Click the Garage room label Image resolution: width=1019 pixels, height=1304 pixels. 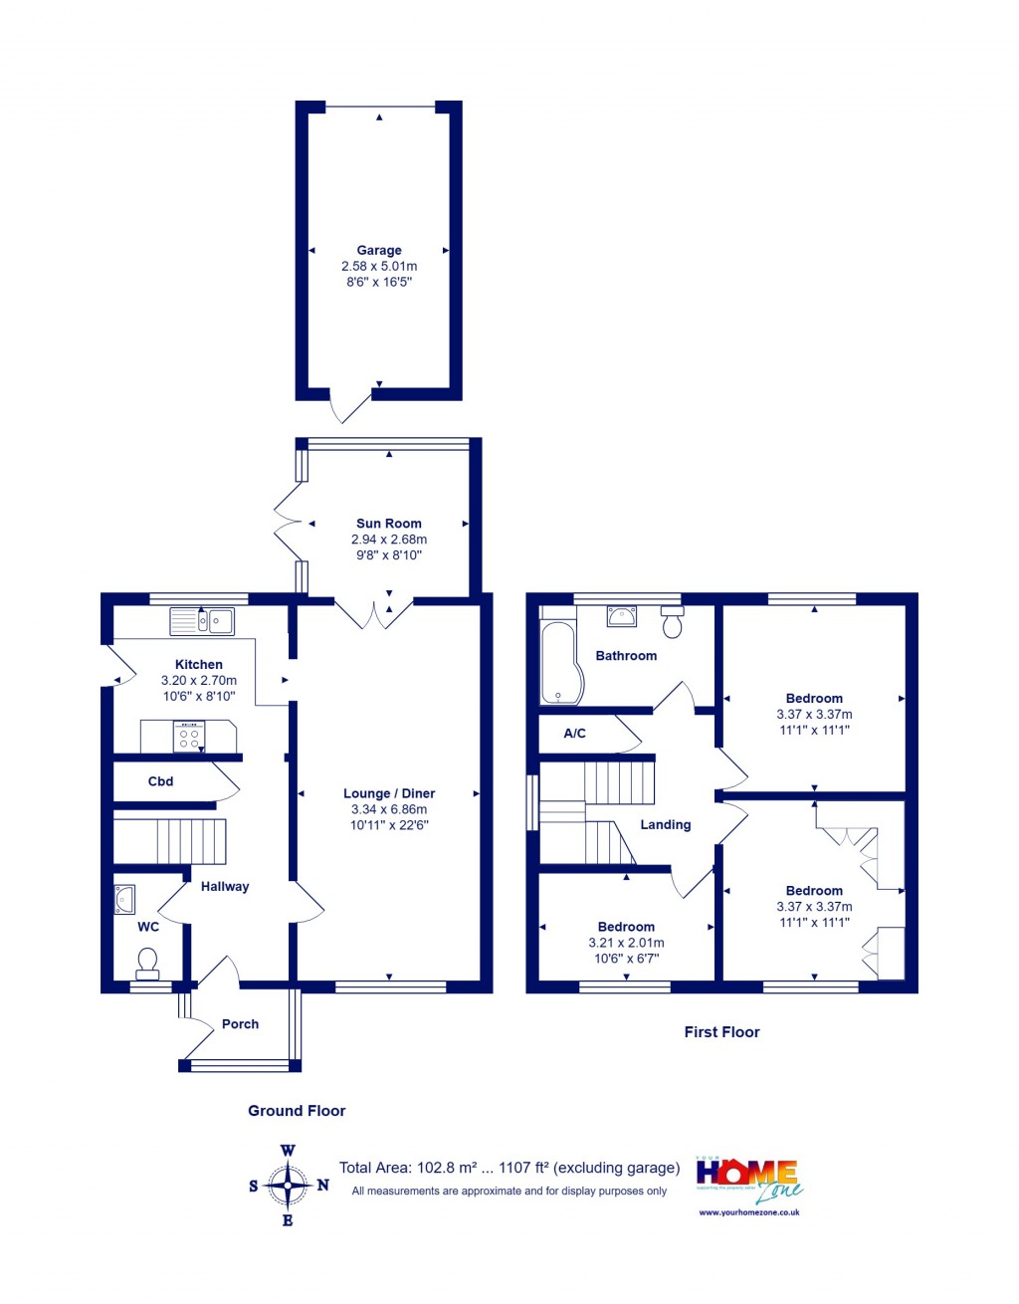coord(379,251)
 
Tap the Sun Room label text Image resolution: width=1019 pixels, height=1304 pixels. coord(389,524)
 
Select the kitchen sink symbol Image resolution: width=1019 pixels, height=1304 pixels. coord(202,622)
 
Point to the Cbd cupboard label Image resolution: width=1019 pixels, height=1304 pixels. coord(160,781)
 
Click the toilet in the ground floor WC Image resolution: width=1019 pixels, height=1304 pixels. coord(147,964)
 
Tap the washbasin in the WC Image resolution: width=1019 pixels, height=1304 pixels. coord(124,899)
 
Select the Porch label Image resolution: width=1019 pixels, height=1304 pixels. coord(240,1024)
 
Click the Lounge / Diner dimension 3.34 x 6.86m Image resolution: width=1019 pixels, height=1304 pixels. coord(389,809)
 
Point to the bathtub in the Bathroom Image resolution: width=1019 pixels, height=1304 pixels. coord(557,663)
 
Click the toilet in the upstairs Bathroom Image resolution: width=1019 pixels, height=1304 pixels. coord(673,622)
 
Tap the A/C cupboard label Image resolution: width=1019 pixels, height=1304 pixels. coord(574,734)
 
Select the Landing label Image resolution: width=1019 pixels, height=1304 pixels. coord(665,825)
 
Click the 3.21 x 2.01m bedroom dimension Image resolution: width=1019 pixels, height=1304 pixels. coord(626,943)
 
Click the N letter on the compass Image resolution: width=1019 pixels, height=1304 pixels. coord(322,1186)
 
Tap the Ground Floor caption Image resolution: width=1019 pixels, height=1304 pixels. coord(297,1111)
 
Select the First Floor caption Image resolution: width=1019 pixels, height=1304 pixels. coord(721,1032)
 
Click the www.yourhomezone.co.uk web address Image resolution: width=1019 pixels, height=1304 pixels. coord(749,1212)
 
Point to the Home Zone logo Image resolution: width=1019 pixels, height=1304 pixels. coord(748,1180)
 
